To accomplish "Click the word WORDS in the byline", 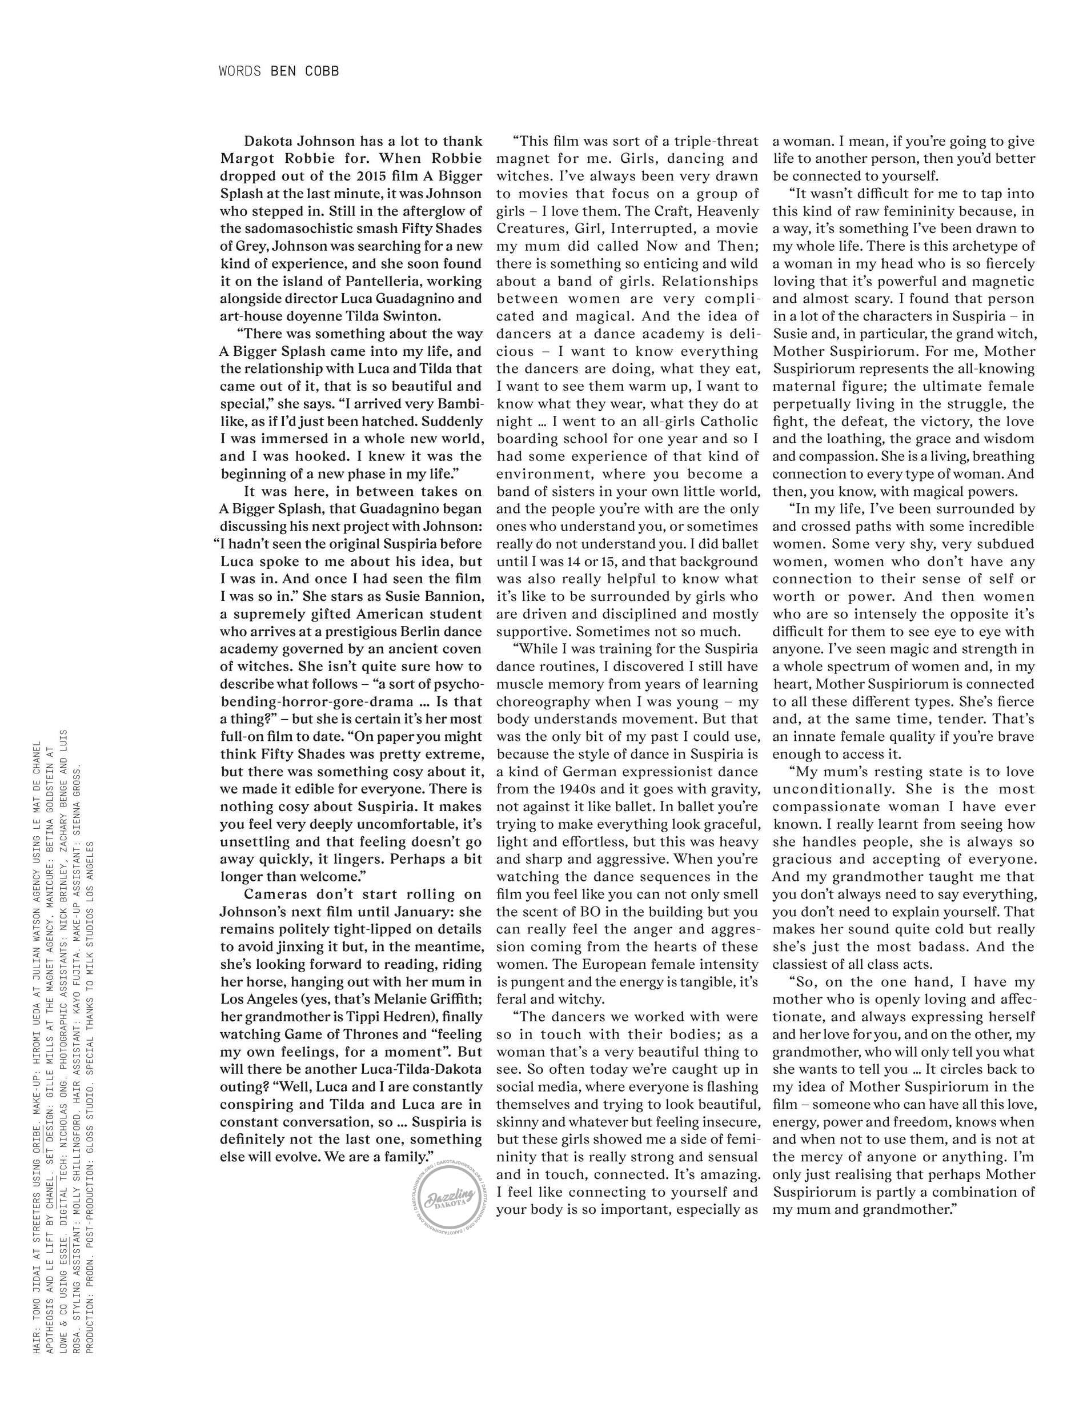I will click(x=239, y=71).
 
